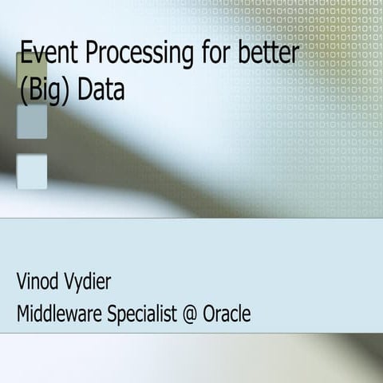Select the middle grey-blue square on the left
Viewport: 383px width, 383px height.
point(31,121)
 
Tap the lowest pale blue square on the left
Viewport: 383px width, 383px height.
point(31,171)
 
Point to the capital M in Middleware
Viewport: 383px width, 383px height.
point(26,314)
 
